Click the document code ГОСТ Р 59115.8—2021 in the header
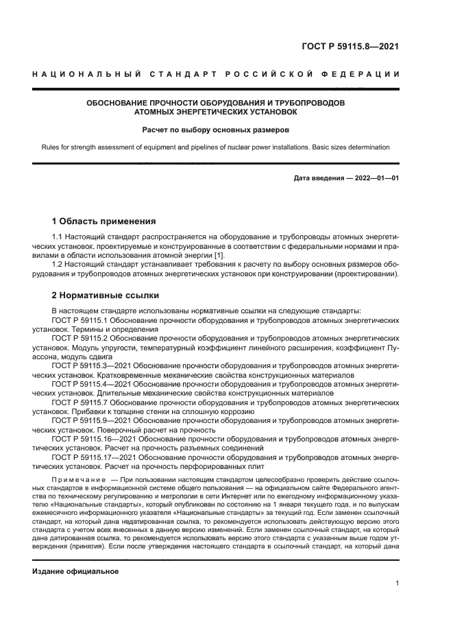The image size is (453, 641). (350, 47)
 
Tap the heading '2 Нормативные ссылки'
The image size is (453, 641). (106, 296)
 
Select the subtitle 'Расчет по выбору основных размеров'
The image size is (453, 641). (215, 130)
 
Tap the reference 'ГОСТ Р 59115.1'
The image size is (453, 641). (80, 320)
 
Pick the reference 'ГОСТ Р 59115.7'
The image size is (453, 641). (80, 402)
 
